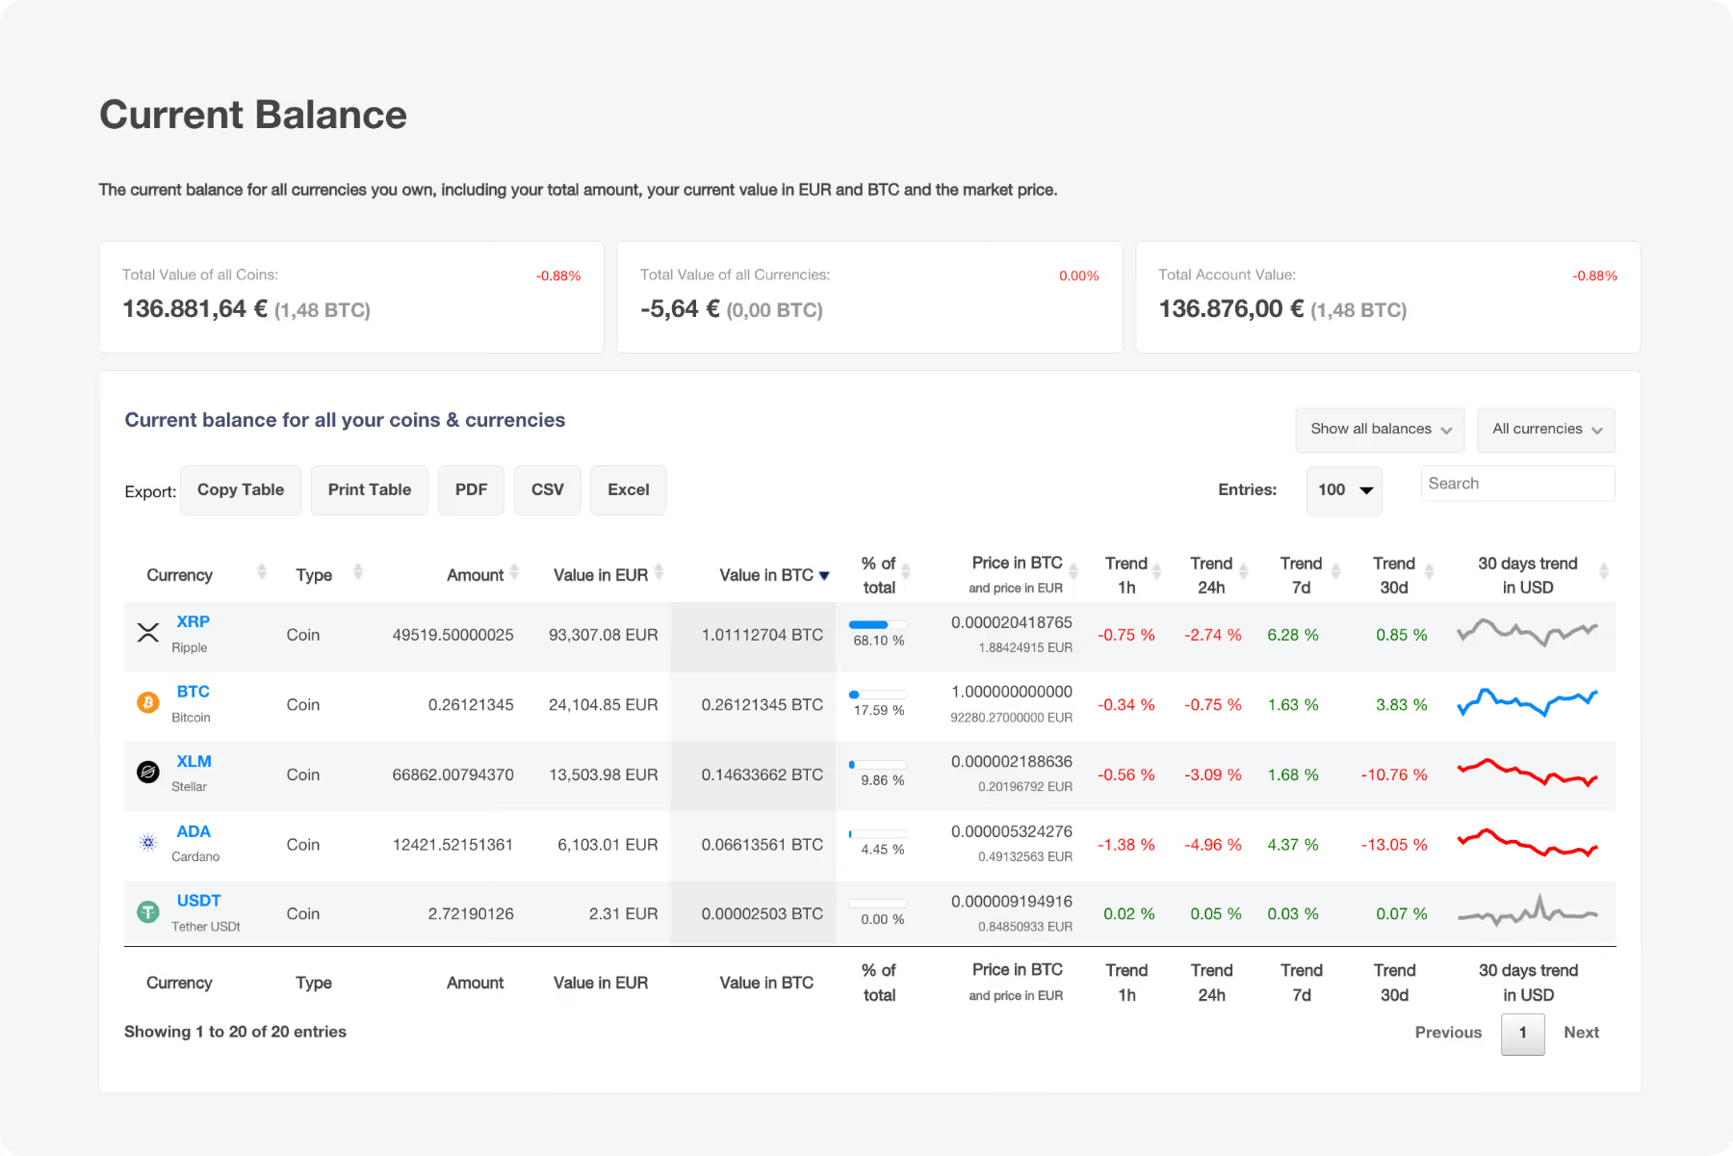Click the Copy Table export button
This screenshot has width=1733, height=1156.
click(241, 489)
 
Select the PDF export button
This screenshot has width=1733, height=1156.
click(471, 489)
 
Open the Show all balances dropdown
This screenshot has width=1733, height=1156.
click(1379, 430)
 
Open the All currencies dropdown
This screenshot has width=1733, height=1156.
click(1545, 430)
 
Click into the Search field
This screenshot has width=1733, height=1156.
click(1516, 484)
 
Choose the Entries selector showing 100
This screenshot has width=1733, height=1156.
click(1343, 490)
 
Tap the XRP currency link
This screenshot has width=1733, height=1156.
click(193, 622)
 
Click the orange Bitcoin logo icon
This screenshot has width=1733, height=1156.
click(148, 703)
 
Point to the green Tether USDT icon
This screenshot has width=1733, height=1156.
click(148, 911)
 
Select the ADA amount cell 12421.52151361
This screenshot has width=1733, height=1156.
click(453, 845)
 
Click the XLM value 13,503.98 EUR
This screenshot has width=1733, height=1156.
click(603, 775)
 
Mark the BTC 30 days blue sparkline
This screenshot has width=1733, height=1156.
click(1527, 702)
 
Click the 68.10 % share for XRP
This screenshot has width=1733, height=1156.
click(878, 641)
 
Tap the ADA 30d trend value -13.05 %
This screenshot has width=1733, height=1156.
click(1393, 845)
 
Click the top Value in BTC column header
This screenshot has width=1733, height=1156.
click(767, 575)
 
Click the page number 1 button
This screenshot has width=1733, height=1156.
click(1522, 1033)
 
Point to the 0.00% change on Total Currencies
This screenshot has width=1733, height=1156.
click(1078, 276)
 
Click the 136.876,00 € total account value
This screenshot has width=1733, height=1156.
click(1231, 309)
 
